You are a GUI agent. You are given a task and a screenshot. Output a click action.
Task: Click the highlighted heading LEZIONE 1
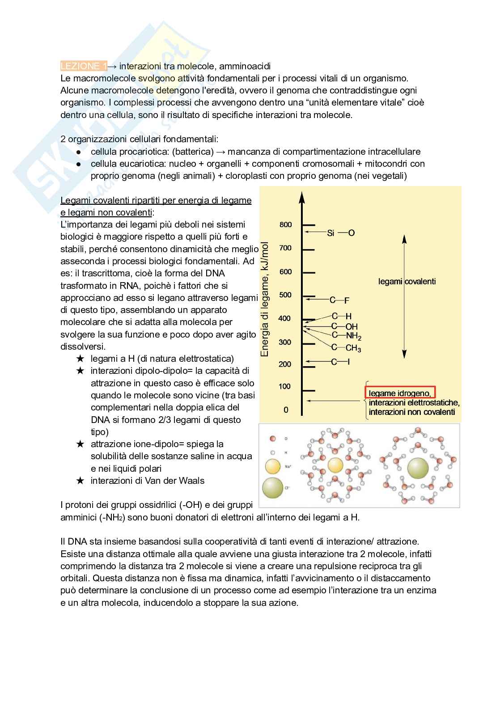(x=84, y=66)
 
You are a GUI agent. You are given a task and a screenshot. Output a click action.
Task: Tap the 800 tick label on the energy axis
(x=285, y=224)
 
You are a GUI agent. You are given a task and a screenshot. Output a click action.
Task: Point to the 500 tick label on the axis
(x=285, y=295)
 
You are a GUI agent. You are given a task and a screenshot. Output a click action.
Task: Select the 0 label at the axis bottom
(x=286, y=410)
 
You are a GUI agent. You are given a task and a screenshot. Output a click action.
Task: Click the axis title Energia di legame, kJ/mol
(x=265, y=299)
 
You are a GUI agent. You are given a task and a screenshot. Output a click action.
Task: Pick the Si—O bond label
(x=341, y=233)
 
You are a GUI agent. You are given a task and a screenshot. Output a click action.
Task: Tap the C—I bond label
(x=340, y=362)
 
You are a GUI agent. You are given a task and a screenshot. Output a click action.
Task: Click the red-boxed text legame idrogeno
(x=400, y=393)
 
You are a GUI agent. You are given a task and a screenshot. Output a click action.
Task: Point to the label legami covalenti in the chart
(x=407, y=281)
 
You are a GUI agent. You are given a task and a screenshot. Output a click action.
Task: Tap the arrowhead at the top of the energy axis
(x=302, y=196)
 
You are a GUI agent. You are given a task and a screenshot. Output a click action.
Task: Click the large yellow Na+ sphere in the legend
(x=272, y=467)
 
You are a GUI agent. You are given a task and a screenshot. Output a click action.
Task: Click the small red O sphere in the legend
(x=272, y=439)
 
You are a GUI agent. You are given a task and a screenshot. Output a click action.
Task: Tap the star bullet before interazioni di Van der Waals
(x=80, y=481)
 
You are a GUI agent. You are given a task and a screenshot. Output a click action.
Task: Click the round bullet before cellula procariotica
(x=78, y=152)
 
